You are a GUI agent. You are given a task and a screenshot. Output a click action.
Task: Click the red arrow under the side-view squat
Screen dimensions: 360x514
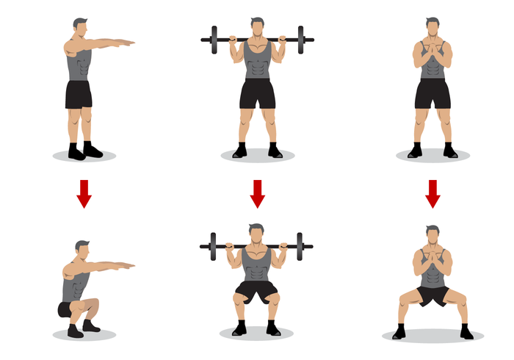(84, 192)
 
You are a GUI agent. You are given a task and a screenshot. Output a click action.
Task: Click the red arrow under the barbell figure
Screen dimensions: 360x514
(257, 192)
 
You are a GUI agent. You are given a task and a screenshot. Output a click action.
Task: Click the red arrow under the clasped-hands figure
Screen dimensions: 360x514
(433, 192)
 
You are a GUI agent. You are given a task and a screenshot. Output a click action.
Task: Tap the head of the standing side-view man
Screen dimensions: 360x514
(80, 28)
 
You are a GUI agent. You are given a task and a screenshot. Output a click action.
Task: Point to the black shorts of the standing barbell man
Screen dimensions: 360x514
(257, 93)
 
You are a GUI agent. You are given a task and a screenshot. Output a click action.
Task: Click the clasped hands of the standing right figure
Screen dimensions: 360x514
(432, 53)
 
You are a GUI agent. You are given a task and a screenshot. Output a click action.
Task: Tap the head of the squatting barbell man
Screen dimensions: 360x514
(256, 234)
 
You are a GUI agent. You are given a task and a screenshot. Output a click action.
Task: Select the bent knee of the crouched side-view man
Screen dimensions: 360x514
(93, 304)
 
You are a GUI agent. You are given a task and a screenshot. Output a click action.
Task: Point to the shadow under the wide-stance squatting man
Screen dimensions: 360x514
(432, 336)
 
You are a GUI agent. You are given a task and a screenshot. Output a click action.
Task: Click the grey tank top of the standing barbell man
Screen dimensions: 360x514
(257, 64)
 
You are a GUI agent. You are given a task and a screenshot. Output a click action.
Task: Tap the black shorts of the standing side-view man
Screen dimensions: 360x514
(79, 94)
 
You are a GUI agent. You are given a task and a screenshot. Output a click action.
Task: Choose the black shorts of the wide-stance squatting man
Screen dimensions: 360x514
(432, 295)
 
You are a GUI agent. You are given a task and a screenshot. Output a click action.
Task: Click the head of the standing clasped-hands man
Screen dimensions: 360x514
(432, 27)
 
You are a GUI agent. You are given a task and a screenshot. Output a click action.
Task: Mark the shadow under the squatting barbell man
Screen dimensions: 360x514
(256, 333)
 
